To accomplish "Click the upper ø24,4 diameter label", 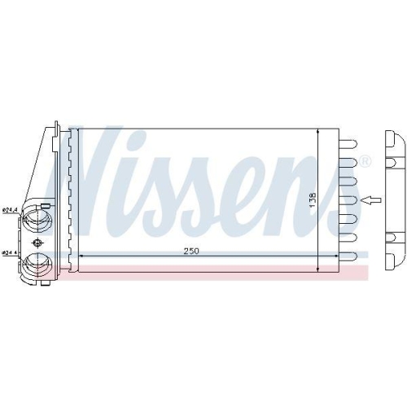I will (10, 212).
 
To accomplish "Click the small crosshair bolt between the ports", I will (36, 243).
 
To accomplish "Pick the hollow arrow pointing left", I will (370, 199).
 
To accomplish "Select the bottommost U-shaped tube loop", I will (346, 261).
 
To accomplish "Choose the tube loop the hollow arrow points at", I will (346, 199).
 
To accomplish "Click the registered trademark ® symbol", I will (364, 160).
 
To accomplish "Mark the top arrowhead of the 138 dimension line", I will (317, 131).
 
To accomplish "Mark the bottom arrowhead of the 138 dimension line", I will (317, 268).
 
